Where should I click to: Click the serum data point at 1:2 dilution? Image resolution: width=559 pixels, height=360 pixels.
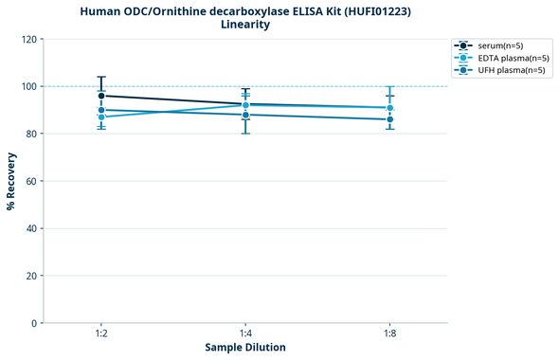[101, 96]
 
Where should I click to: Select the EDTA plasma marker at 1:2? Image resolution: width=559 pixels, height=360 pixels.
[101, 117]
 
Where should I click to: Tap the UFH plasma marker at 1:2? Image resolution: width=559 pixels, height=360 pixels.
[101, 110]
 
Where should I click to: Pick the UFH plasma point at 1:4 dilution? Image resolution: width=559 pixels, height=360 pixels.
[245, 115]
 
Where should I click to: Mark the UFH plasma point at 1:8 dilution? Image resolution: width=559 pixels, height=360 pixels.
[389, 119]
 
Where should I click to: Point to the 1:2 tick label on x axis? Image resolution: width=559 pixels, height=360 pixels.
[101, 334]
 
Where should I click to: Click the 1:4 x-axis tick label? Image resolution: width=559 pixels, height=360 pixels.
[245, 334]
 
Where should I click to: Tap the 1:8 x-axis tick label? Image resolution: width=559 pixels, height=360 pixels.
[389, 334]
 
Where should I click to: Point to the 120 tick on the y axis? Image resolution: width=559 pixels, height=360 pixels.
[29, 39]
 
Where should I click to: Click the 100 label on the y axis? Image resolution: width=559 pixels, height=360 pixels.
[29, 86]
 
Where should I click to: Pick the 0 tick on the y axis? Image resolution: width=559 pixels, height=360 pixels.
[35, 323]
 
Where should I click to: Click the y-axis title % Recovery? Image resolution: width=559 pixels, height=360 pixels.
[11, 181]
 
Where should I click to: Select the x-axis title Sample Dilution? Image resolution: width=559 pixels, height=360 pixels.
[245, 348]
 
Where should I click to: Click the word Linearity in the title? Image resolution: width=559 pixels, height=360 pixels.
[245, 25]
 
